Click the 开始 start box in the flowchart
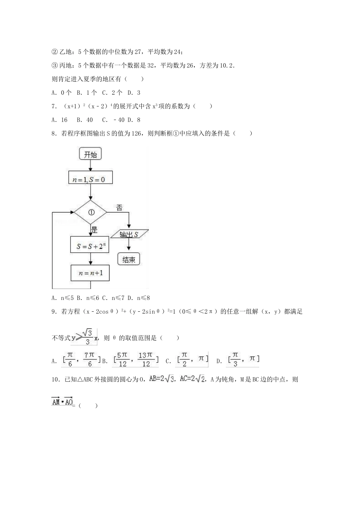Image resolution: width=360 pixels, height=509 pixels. tap(90, 154)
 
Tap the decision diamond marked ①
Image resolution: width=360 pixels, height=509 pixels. tap(91, 212)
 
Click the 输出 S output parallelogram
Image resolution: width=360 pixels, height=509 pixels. tap(129, 234)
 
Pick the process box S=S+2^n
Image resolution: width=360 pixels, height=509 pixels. tap(90, 246)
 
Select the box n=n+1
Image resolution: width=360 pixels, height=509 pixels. tap(90, 273)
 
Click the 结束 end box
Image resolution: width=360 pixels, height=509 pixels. tap(129, 259)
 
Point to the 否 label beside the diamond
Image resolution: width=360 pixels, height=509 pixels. tap(119, 208)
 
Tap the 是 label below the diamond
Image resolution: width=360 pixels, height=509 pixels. tap(94, 230)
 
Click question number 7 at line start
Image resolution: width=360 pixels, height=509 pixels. tap(54, 106)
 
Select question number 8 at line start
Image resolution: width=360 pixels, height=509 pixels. tap(54, 133)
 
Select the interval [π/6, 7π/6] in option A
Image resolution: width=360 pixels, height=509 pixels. tap(81, 359)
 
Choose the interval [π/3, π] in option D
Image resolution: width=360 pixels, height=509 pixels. tap(243, 359)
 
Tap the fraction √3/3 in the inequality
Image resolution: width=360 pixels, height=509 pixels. tap(87, 337)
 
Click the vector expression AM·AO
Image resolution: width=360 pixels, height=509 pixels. tap(62, 402)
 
